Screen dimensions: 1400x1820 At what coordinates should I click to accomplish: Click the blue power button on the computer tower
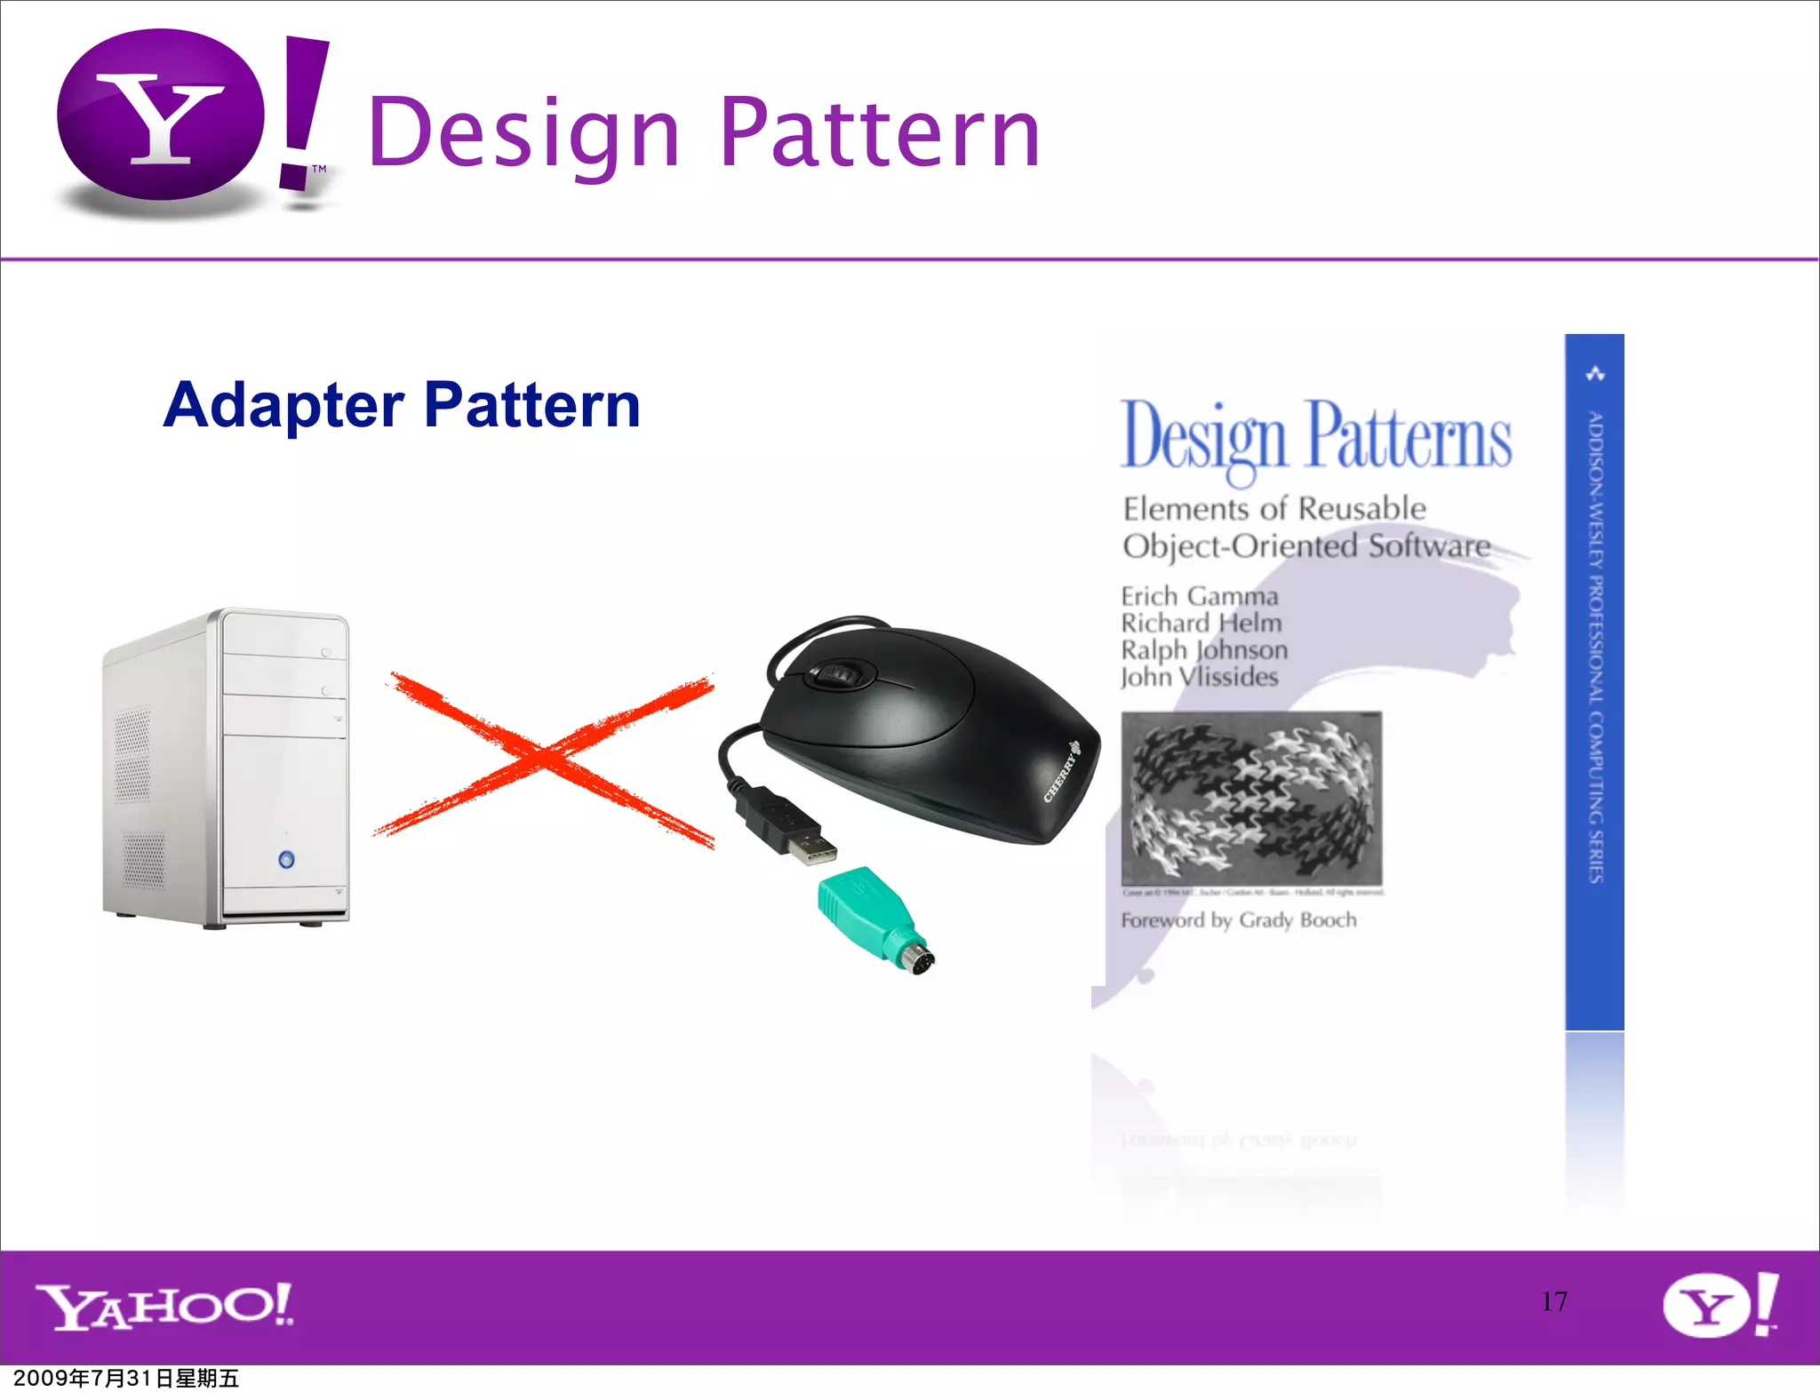[286, 859]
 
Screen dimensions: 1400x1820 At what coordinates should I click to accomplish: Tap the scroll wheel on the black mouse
[836, 675]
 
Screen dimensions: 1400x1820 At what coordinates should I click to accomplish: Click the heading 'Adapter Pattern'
[402, 405]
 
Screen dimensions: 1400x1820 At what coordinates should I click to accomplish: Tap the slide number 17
[1554, 1301]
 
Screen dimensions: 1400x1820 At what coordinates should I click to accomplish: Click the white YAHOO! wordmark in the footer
[164, 1306]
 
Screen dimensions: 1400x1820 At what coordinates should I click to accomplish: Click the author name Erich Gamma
[1199, 596]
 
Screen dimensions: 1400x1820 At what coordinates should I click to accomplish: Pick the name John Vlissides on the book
[1199, 677]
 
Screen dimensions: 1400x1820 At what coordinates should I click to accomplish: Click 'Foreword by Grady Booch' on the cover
[1238, 920]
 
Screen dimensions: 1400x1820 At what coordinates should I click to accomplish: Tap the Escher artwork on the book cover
[1251, 798]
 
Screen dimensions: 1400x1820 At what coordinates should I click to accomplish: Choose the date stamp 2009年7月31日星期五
[126, 1379]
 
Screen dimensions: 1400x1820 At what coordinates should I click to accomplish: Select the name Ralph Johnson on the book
[1204, 650]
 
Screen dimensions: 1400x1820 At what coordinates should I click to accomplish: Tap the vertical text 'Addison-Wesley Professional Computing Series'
[1595, 646]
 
